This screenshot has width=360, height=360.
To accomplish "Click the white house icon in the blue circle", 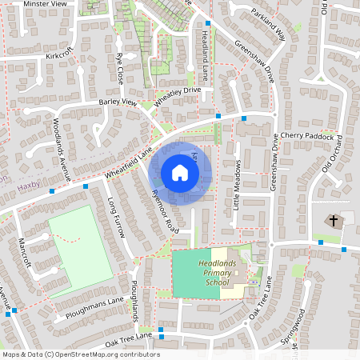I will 180,173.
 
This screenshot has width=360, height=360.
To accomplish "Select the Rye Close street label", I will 120,70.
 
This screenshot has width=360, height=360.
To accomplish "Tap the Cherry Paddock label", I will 311,136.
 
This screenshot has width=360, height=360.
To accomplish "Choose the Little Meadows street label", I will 237,183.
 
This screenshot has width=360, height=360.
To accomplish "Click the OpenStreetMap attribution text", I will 81,354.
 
